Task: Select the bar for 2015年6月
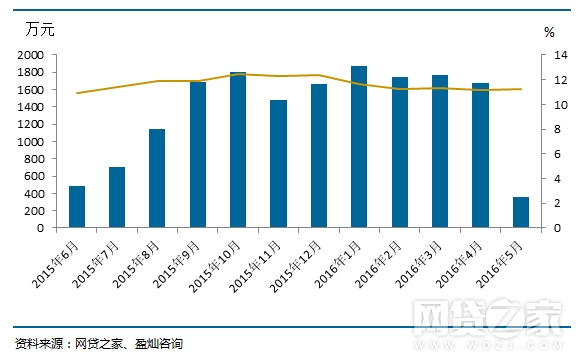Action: point(77,207)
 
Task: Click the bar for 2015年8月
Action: point(157,178)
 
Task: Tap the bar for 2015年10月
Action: point(238,150)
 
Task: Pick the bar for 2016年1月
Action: point(359,147)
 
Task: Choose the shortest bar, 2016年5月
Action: point(521,212)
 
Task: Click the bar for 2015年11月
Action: point(278,164)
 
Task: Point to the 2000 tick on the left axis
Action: point(30,56)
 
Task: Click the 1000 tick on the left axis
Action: point(30,142)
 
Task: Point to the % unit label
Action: point(549,32)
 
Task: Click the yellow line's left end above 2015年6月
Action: point(77,93)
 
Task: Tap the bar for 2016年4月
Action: point(481,155)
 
